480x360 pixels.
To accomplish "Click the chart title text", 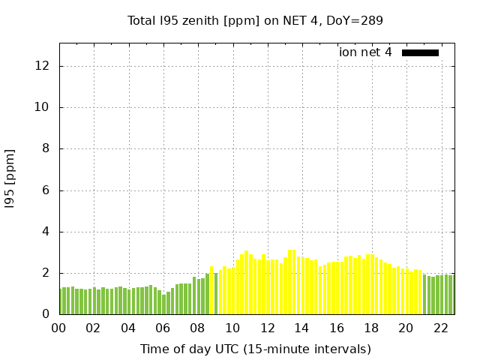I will click(255, 21).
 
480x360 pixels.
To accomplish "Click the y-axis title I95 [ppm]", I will click(10, 178).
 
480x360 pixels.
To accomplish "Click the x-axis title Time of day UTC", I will click(255, 349).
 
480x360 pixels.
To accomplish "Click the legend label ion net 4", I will click(365, 52).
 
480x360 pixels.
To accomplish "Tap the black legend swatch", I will click(420, 52).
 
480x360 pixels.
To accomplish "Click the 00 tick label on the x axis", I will click(59, 328).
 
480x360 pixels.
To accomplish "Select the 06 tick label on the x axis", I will click(163, 328).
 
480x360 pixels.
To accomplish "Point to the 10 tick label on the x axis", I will click(232, 328).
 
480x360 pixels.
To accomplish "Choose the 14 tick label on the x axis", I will click(301, 328).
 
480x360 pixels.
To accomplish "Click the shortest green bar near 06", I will click(164, 304).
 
